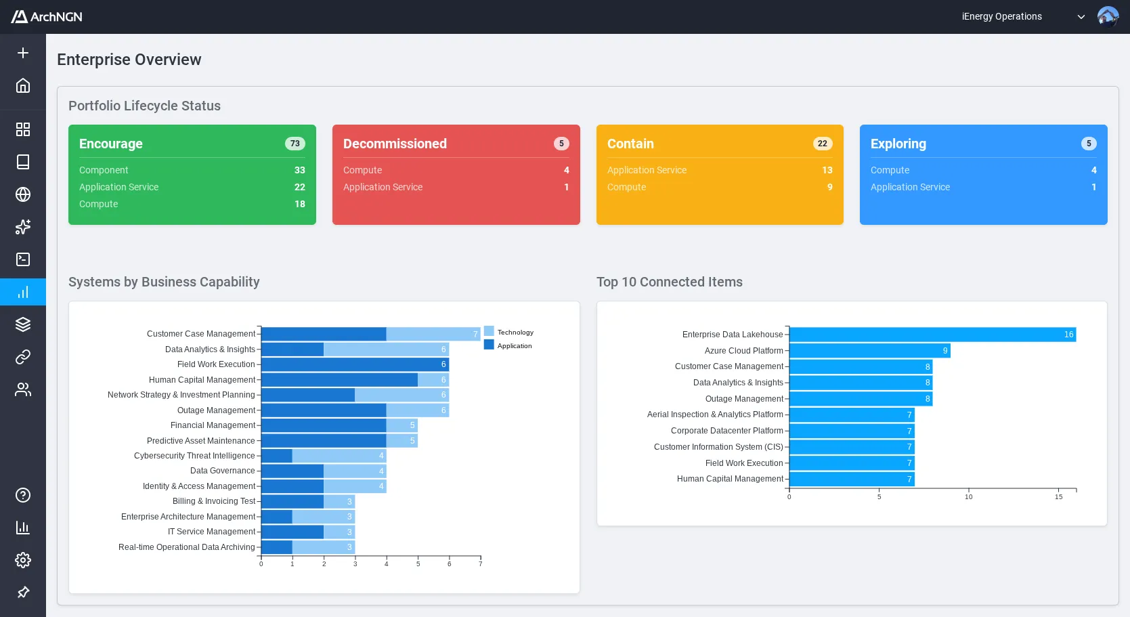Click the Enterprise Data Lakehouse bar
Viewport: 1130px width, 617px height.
[x=932, y=335]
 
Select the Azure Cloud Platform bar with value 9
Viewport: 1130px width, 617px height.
[x=869, y=351]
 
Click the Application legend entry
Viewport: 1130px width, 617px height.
[x=508, y=345]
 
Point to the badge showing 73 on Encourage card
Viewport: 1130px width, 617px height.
[x=295, y=144]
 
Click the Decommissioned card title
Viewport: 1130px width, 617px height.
[x=395, y=144]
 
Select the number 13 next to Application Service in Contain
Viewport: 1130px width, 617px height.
[x=827, y=170]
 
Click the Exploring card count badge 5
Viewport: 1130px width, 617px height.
[x=1088, y=144]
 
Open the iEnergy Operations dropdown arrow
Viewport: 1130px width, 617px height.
[x=1081, y=17]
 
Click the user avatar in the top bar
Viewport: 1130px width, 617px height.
[x=1108, y=16]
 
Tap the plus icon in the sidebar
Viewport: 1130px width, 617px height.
[x=23, y=53]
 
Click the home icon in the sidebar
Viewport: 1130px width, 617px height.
[x=23, y=85]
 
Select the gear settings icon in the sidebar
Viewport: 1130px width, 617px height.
[x=23, y=560]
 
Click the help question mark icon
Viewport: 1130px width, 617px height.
[x=23, y=495]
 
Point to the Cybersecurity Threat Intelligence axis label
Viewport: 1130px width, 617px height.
[x=194, y=456]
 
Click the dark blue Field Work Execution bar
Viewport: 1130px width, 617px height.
[x=352, y=364]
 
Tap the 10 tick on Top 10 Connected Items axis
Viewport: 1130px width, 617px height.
[x=968, y=496]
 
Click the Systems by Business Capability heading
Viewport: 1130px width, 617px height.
[x=164, y=282]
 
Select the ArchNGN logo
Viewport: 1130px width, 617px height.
[x=47, y=16]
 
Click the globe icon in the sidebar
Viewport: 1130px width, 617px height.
[x=23, y=194]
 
